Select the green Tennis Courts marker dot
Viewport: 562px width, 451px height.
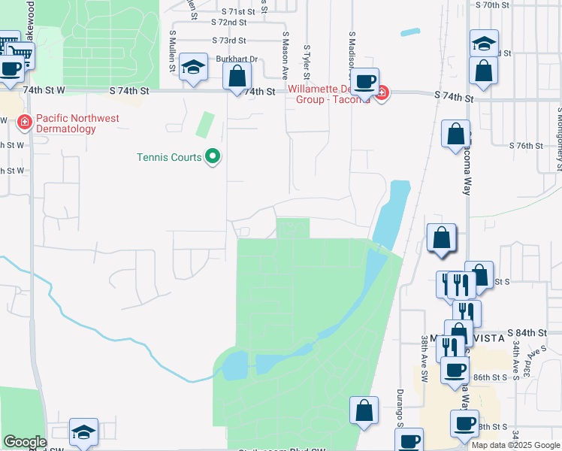pyautogui.click(x=213, y=157)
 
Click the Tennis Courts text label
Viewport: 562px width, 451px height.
pyautogui.click(x=169, y=157)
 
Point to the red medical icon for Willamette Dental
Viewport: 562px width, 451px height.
pyautogui.click(x=382, y=94)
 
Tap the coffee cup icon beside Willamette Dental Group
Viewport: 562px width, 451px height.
pyautogui.click(x=365, y=81)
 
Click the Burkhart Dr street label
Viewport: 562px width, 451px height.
pyautogui.click(x=237, y=59)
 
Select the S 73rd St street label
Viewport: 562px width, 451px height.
pyautogui.click(x=229, y=41)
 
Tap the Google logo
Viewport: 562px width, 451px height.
pyautogui.click(x=26, y=442)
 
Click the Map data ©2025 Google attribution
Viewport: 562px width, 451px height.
pyautogui.click(x=516, y=445)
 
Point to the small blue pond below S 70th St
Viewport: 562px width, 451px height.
pyautogui.click(x=411, y=32)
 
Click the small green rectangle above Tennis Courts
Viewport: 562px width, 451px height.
pyautogui.click(x=204, y=124)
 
